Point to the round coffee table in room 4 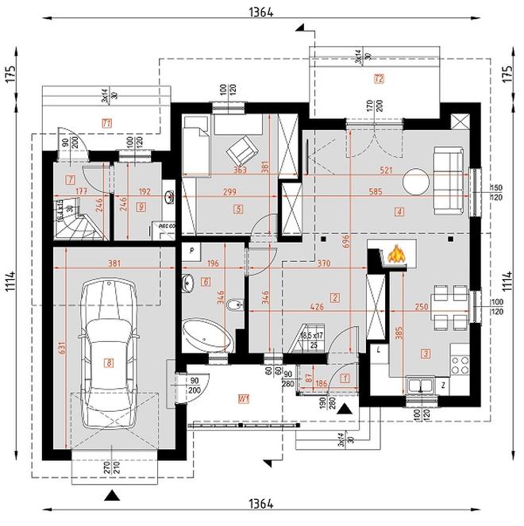(414, 182)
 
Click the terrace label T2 (378, 79)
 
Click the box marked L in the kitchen (380, 350)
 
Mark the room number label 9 (140, 207)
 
